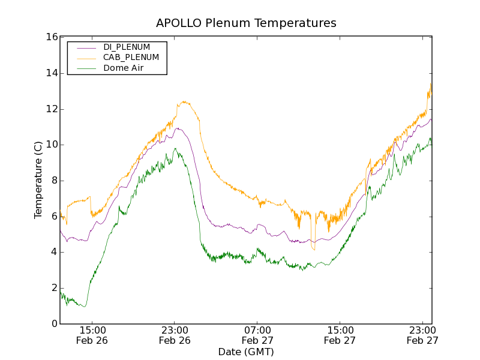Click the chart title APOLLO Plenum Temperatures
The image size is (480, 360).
pos(246,23)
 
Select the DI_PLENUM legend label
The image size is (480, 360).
pos(127,47)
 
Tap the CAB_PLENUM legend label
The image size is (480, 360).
pos(131,58)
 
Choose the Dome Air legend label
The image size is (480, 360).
pos(124,68)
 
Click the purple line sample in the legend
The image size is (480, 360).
pos(84,47)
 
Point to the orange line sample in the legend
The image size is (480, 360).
pos(84,58)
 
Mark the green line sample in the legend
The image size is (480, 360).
pos(84,68)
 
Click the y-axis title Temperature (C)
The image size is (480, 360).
pos(38,180)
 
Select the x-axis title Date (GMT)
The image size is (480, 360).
pos(246,352)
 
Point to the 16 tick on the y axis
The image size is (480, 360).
pos(51,37)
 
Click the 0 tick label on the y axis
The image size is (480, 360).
pos(54,324)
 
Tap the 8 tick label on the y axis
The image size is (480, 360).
pos(54,181)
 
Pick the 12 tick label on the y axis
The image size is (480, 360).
pos(51,109)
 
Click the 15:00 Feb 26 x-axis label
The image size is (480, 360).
pos(92,335)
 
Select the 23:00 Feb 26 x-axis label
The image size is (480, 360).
pos(175,335)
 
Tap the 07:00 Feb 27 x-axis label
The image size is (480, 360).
pos(257,335)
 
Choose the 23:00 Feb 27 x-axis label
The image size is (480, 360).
pos(422,335)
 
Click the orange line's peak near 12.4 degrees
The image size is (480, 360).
pos(184,102)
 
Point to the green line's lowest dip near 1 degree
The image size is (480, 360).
pos(85,307)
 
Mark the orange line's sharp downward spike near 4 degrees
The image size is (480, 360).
pos(313,249)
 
